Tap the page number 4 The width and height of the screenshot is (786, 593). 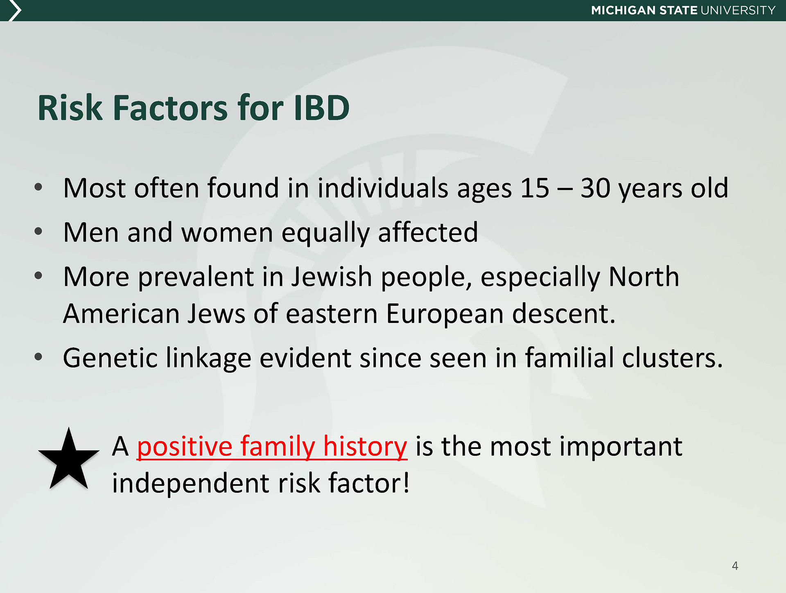[735, 566]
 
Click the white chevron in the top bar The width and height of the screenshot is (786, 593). [15, 10]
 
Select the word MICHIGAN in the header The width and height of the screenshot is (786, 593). [623, 10]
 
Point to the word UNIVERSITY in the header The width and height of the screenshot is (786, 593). [738, 10]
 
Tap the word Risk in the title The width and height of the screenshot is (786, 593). [70, 108]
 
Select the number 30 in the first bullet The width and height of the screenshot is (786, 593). [595, 188]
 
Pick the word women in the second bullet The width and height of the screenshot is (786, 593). [227, 232]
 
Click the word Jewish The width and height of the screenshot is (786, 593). [332, 277]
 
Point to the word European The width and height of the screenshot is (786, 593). [445, 315]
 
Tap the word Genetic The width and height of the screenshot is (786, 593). [110, 358]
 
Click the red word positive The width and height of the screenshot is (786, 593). [185, 447]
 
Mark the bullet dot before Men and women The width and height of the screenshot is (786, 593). [38, 232]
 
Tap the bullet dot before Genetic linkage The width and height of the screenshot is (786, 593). [38, 357]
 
